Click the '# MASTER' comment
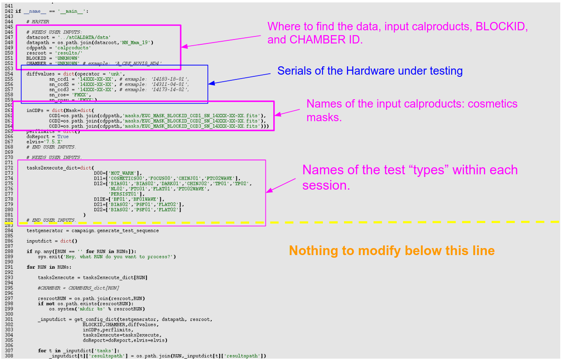38,22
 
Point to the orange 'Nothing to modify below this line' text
392,251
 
